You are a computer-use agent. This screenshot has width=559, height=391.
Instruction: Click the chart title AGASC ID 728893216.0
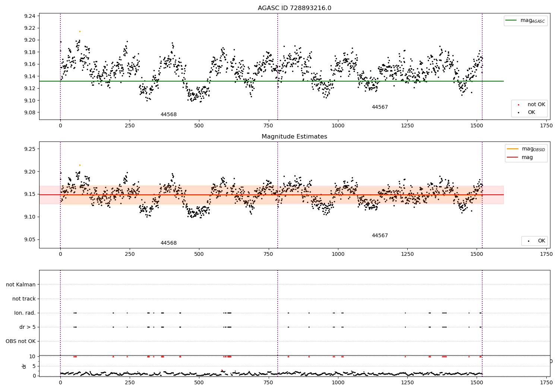[294, 8]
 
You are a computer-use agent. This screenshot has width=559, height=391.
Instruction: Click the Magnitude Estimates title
[294, 137]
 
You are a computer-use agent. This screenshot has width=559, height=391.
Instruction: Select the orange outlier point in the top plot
[80, 31]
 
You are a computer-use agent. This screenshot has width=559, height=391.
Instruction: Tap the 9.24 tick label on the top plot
[29, 16]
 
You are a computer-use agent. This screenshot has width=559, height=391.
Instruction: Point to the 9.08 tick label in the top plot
[29, 112]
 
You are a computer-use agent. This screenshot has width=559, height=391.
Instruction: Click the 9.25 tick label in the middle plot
[29, 149]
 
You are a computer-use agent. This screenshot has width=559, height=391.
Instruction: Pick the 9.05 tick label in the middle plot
[29, 239]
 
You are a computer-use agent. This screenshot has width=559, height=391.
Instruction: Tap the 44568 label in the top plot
[168, 115]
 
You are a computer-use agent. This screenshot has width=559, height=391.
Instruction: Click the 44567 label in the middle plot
[380, 236]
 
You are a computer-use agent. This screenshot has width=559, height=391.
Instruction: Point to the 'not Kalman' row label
[21, 284]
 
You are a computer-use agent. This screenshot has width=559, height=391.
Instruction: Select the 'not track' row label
[24, 299]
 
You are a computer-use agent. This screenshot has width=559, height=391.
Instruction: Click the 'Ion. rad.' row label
[25, 313]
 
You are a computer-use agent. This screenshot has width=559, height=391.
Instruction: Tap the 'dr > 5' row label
[28, 327]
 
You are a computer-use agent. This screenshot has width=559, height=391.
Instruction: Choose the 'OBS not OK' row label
[21, 341]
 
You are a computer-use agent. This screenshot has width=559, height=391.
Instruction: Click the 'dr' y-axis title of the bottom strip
[24, 366]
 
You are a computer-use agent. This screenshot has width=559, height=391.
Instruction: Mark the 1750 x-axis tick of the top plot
[546, 126]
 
